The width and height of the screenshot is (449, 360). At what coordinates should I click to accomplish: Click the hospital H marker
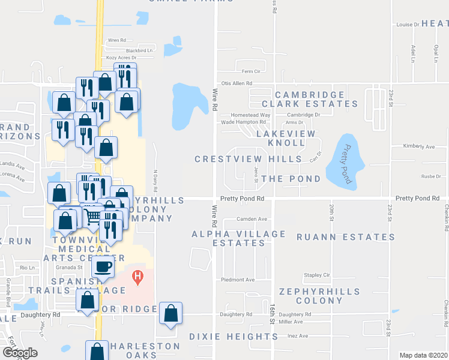[x=138, y=278]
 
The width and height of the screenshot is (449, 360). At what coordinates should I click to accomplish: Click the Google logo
[x=19, y=353]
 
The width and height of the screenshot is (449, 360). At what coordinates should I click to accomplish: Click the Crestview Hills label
[x=248, y=159]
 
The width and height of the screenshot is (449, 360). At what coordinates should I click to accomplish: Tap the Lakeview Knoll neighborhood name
[x=280, y=138]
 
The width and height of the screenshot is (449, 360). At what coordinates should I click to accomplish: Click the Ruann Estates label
[x=346, y=237]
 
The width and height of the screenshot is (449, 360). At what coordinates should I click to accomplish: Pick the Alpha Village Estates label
[x=238, y=238]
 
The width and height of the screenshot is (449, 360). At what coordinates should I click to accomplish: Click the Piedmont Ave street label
[x=238, y=280]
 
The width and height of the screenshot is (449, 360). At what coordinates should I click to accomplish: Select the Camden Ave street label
[x=252, y=219]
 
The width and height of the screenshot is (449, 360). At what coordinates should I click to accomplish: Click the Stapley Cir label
[x=318, y=275]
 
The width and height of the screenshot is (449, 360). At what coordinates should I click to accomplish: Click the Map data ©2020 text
[x=423, y=355]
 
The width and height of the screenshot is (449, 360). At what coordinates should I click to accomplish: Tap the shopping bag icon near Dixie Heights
[x=170, y=313]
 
